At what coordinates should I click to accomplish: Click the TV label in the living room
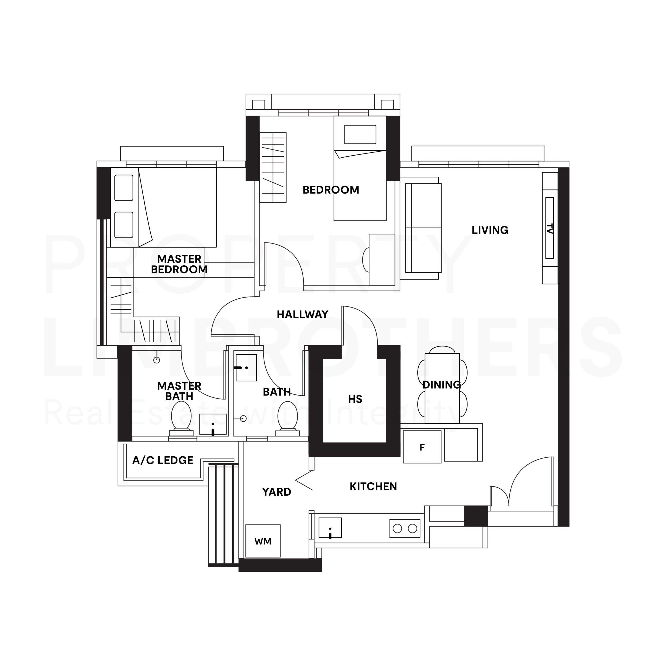point(549,229)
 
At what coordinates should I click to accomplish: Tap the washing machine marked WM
point(263,541)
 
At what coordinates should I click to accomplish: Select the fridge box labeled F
point(422,447)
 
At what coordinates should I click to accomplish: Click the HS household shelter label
point(355,399)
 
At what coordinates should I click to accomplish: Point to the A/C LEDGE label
point(163,460)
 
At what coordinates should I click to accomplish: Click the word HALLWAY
point(302,314)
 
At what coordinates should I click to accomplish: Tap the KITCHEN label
point(373,486)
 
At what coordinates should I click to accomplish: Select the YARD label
point(277,492)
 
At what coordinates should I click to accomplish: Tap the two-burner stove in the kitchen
point(405,528)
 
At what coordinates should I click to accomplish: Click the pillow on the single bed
point(360,135)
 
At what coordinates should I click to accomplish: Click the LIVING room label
point(490,230)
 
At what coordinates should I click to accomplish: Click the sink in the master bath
point(213,424)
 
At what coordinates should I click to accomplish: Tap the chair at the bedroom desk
point(366,260)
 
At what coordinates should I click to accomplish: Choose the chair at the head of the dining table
point(442,350)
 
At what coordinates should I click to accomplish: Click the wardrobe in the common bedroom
point(273,168)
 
